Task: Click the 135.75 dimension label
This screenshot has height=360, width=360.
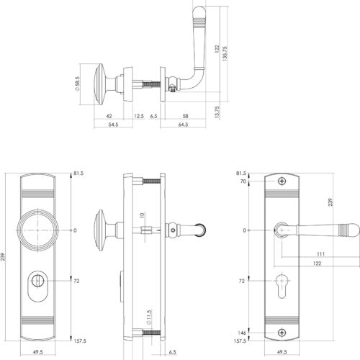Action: coord(225,54)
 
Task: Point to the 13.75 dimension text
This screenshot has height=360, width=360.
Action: coord(217,112)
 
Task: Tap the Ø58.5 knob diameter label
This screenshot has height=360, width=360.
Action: coord(77,84)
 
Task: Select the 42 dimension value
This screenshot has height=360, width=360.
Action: coord(109,116)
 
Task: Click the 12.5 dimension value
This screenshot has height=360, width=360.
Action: coord(139,116)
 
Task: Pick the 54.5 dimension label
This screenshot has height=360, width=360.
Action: coord(113,125)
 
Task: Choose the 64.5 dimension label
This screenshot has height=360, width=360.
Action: coord(183,125)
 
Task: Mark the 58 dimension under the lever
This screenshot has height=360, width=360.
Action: coord(185,116)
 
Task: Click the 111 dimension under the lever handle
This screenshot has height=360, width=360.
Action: coord(320,254)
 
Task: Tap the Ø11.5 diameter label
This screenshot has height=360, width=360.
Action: coord(149,318)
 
